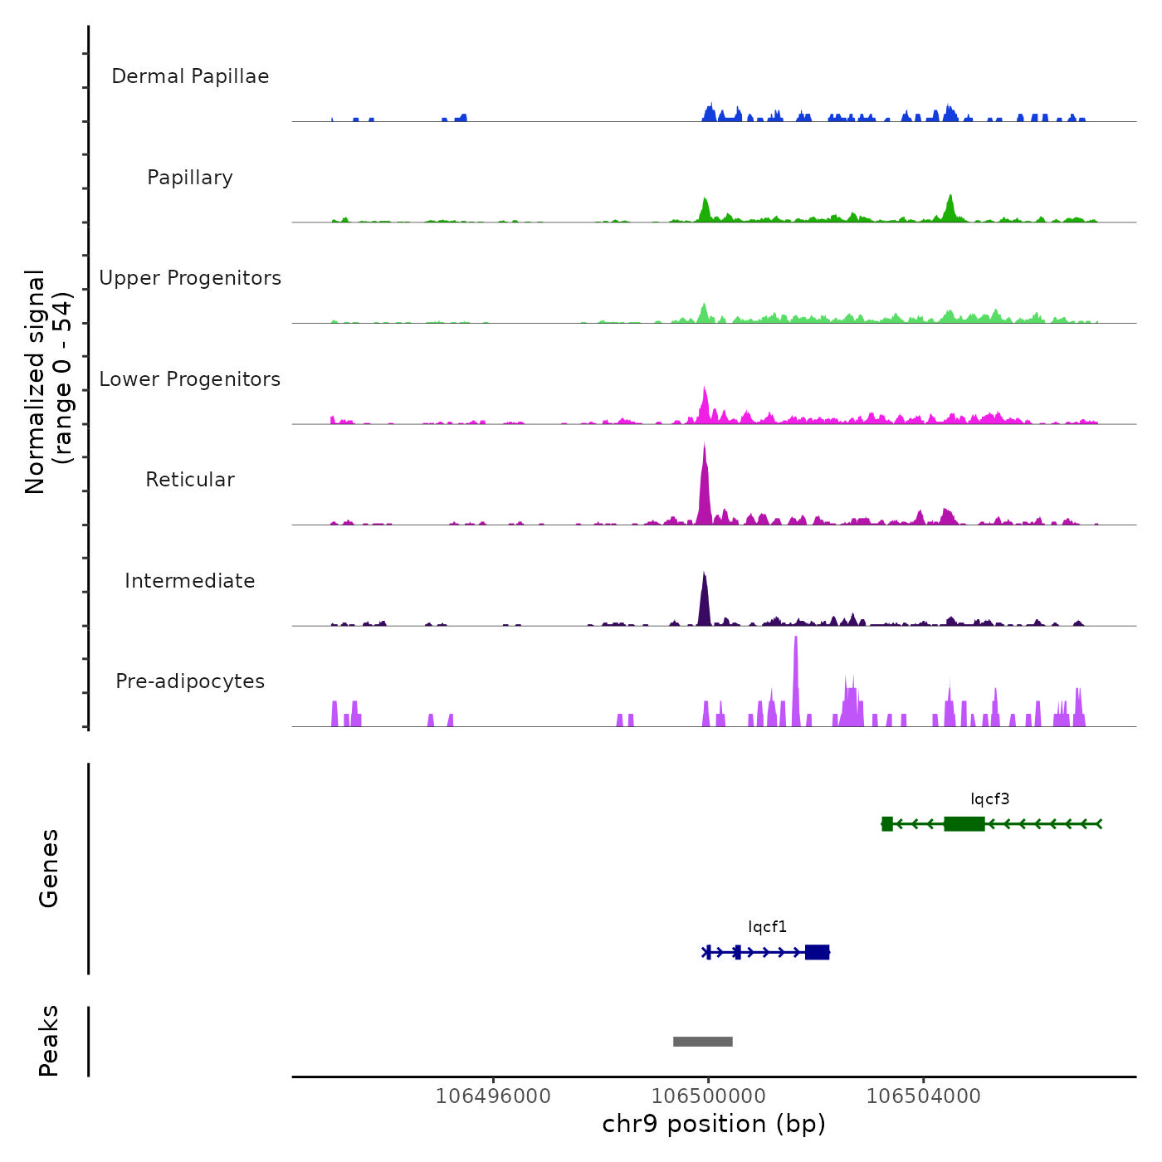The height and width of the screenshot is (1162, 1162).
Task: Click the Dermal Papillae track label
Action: (x=190, y=76)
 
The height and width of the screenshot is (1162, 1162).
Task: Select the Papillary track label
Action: (x=190, y=178)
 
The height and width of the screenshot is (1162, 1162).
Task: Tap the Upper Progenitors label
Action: (x=190, y=278)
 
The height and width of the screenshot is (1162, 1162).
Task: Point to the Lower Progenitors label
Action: (x=190, y=379)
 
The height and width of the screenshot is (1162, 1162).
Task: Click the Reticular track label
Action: (x=190, y=480)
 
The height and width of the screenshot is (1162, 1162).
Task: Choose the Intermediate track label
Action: (x=190, y=581)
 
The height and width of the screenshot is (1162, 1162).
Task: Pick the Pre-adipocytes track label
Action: (x=190, y=681)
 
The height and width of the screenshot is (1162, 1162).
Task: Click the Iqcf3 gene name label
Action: (x=990, y=799)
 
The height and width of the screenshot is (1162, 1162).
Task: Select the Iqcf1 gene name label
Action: (x=767, y=927)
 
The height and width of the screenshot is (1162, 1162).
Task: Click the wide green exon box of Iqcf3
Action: (x=964, y=823)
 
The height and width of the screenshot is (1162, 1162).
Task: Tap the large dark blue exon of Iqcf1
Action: (x=817, y=952)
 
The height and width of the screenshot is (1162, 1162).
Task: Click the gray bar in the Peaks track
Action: (x=703, y=1042)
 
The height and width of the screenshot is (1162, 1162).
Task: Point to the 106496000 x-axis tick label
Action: (x=493, y=1096)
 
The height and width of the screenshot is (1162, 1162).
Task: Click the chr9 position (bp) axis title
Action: (x=714, y=1124)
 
